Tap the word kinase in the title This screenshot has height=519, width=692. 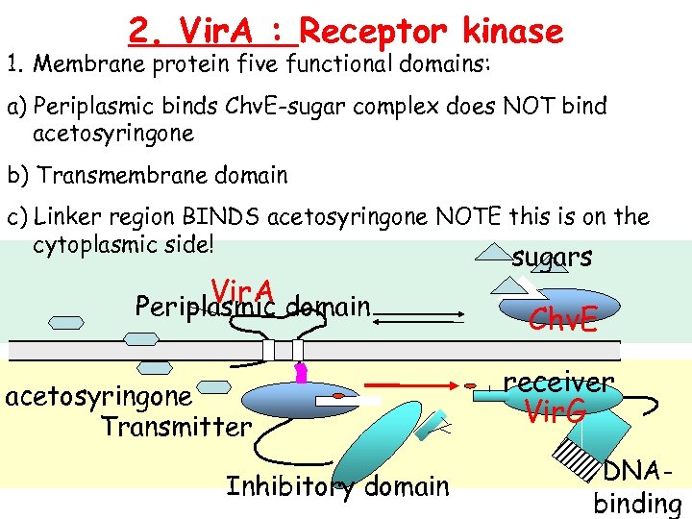point(512,32)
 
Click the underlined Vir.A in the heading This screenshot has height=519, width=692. point(213,32)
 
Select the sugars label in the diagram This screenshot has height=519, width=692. point(552,257)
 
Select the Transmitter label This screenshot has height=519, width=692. point(176,425)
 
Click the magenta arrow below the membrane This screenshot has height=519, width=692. point(300,372)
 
